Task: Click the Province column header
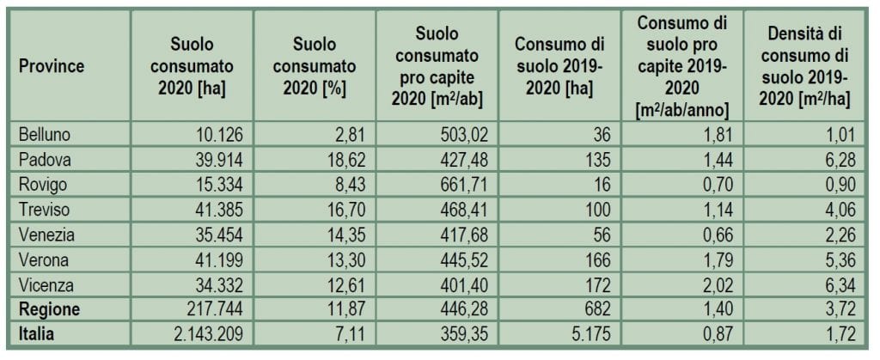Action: point(52,67)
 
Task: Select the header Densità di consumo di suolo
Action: point(807,67)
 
